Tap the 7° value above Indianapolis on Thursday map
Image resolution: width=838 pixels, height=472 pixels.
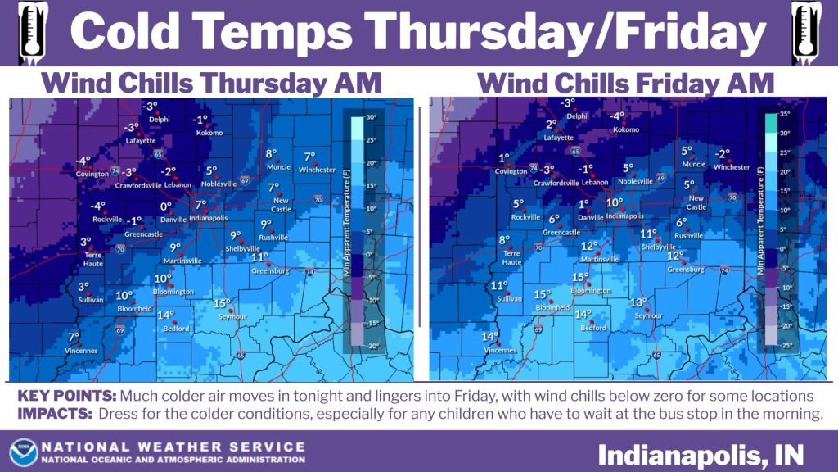200,205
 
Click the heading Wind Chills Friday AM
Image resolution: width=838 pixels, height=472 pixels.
625,84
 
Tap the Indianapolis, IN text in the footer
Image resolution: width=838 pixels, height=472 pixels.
701,452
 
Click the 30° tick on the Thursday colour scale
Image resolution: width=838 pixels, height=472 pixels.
370,117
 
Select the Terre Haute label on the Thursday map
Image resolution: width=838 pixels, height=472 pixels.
92,259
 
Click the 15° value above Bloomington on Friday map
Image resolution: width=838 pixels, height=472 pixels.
580,277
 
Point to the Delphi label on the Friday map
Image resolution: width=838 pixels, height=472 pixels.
577,116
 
